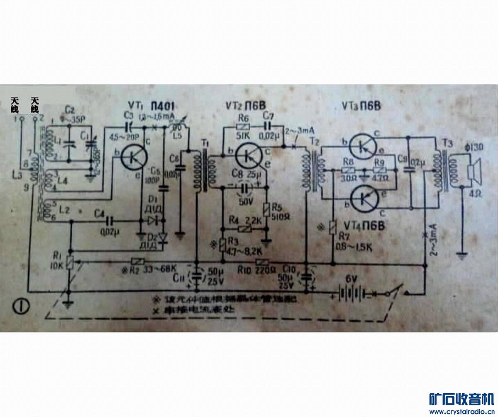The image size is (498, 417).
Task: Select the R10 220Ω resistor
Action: coord(262,262)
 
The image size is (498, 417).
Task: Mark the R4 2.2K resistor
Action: coord(244,228)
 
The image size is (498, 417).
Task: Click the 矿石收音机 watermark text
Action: coord(461,400)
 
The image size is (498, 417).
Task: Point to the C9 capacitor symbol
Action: coord(408,169)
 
